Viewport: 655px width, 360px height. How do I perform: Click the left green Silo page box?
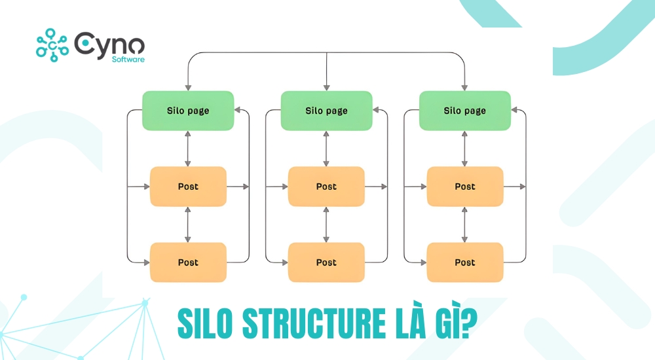[x=188, y=110]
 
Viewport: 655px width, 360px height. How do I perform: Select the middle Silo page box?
[x=326, y=110]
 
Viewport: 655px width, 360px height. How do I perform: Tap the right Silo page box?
[x=465, y=110]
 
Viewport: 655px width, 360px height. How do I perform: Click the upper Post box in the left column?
[x=188, y=187]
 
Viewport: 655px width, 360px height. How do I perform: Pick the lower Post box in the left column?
[x=188, y=262]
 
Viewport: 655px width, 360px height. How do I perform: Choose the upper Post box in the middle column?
[x=326, y=187]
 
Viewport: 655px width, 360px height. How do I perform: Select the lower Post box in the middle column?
[x=326, y=262]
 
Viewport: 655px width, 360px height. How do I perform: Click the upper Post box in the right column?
[x=465, y=187]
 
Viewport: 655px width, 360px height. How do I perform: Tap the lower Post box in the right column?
[x=465, y=262]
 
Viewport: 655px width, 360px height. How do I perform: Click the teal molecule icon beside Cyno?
[x=52, y=45]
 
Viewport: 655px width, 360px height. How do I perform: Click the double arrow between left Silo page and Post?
[x=188, y=148]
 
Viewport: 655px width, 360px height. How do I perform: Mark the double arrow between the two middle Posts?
[x=326, y=225]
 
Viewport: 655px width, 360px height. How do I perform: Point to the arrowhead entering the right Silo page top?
[x=465, y=86]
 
